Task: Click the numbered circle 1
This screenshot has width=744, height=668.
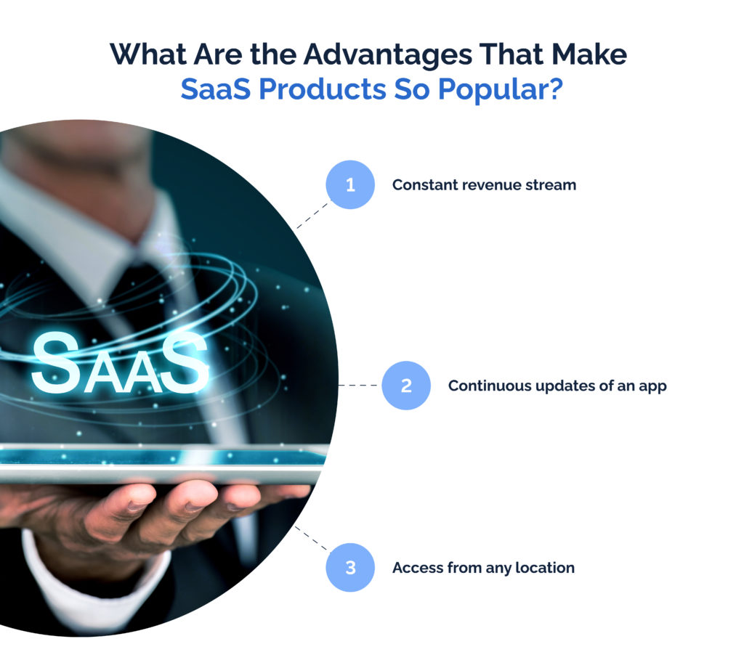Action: click(350, 185)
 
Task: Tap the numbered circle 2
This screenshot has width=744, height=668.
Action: click(406, 386)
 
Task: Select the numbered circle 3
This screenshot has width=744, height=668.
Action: click(350, 567)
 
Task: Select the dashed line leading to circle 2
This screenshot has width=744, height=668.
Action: click(360, 386)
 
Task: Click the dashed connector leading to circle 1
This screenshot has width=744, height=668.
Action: click(312, 214)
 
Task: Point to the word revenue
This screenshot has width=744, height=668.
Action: click(488, 185)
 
